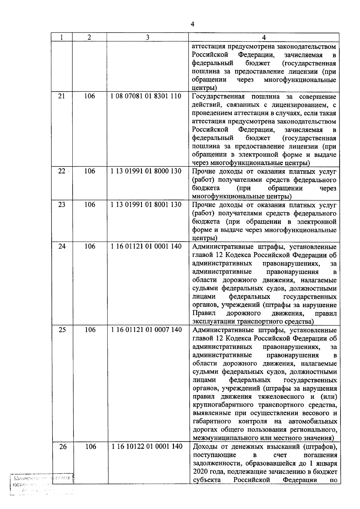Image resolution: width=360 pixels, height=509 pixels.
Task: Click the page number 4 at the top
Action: [192, 24]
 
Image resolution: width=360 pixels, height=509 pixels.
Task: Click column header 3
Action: [147, 37]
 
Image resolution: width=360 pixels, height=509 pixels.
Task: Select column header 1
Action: [61, 37]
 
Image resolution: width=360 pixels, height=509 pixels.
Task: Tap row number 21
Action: [61, 96]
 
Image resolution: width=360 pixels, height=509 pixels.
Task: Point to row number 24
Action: [62, 246]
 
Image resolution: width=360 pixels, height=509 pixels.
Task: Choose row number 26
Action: [63, 447]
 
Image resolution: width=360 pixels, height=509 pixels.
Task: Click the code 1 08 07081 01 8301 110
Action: [146, 96]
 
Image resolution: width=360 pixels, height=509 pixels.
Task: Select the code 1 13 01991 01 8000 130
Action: [146, 171]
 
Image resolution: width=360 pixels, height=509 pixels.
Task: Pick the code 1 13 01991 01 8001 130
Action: [146, 205]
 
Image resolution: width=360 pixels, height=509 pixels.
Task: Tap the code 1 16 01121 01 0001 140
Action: [146, 246]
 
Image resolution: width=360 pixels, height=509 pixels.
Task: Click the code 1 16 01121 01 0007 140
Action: [146, 330]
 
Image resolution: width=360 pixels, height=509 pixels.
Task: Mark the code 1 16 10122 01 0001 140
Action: [147, 447]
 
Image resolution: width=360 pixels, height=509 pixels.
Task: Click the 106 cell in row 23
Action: [90, 205]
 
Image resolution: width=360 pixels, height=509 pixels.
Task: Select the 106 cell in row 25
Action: [90, 330]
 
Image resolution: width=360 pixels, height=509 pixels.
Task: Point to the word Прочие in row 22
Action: [203, 172]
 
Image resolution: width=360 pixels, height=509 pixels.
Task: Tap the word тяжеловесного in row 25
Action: [281, 397]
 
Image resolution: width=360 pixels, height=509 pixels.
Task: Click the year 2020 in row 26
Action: [201, 472]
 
